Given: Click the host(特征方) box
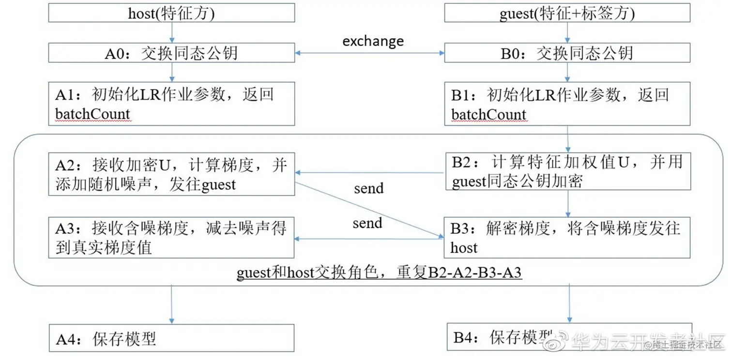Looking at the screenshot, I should coord(171,13).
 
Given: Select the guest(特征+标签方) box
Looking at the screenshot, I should coord(567,13).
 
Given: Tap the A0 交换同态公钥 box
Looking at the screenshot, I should coord(171,53).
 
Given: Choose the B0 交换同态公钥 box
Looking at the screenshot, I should coord(567,53).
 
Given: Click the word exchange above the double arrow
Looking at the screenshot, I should coord(373,41).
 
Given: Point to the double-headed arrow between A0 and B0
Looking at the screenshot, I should coord(369,53).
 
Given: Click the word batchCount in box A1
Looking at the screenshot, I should coord(92,114).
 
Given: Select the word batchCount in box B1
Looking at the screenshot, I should coord(488,114).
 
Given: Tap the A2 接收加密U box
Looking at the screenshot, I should coord(171,174).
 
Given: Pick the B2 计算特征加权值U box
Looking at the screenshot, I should coord(567,171).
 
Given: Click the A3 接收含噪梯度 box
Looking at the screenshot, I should coord(171,237).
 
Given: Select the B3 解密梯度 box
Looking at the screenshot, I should coord(567,237).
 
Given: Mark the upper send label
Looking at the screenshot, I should coord(368,188).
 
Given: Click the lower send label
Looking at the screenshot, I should coord(367,223).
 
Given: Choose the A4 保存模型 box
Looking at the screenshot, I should coord(171,338).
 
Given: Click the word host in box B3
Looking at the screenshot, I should coord(464,248).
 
